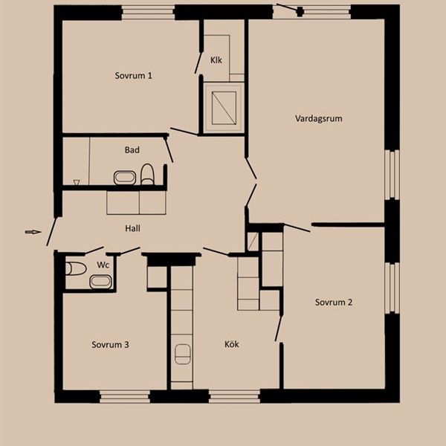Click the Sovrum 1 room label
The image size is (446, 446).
point(133,76)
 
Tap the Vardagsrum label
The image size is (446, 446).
point(319,118)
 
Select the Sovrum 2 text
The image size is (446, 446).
point(334,302)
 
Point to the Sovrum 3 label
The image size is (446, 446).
point(110,345)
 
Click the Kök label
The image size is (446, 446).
point(231,344)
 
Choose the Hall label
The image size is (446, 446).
point(132,228)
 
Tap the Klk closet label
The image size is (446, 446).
point(216,60)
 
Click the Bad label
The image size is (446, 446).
point(132,150)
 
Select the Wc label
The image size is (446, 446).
point(103,265)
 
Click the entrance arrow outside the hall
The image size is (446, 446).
point(33,232)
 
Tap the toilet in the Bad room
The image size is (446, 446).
point(147,175)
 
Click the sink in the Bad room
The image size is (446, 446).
point(125,178)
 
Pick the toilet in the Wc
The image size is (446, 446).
point(76,269)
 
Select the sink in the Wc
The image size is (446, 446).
point(100,282)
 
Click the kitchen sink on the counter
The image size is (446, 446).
point(182,354)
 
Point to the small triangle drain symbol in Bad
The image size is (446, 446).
point(77,182)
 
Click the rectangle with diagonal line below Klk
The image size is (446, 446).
point(224,108)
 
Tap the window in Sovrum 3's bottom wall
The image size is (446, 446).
point(125,396)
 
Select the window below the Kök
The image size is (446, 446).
point(234,396)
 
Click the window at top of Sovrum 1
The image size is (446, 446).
point(148,13)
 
